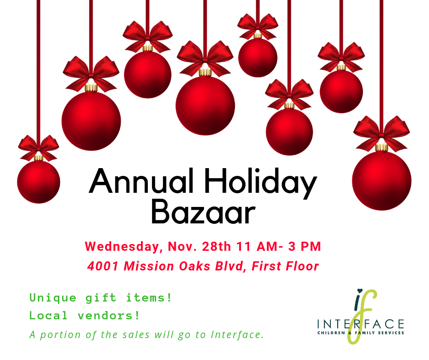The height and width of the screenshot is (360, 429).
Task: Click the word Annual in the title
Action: [141, 181]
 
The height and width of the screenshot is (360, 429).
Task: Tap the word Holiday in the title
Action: [261, 183]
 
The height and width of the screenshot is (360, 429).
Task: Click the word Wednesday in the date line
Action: [122, 247]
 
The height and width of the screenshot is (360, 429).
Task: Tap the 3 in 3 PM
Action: [292, 246]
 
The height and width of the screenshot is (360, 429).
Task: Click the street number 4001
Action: [103, 266]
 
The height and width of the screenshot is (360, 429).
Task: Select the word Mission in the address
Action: [149, 266]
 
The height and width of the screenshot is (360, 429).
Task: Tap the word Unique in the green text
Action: [53, 298]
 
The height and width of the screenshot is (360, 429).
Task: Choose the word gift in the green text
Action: [101, 298]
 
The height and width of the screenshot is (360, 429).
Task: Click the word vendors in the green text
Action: [109, 316]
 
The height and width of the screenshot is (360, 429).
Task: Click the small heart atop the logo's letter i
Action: [360, 291]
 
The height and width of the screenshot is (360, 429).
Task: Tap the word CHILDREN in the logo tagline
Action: [331, 333]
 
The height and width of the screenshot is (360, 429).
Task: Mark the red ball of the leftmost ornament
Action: [39, 182]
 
